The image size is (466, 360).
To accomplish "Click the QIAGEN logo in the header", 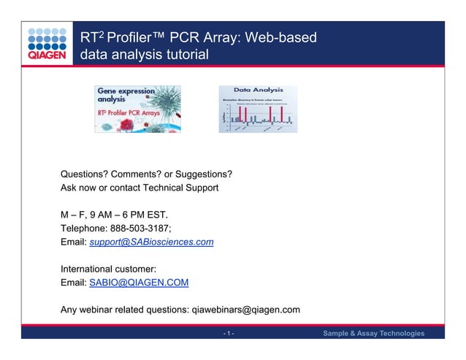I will click(47, 45).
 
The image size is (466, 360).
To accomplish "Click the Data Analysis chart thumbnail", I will click(257, 109).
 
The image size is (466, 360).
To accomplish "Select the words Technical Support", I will click(182, 188).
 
